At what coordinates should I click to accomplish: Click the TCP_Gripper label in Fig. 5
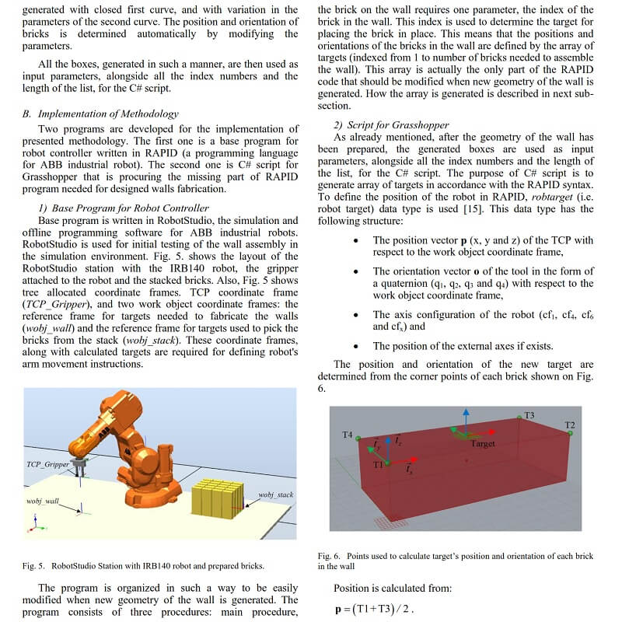point(47,464)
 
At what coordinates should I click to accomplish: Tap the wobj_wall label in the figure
point(43,501)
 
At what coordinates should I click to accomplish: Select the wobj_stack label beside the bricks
point(275,494)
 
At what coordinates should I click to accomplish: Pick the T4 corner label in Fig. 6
point(348,434)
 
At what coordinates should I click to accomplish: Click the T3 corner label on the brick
point(529,415)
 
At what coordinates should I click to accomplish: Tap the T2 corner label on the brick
point(570,425)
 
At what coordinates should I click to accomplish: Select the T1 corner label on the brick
point(377,464)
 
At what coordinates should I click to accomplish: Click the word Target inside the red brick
point(483,443)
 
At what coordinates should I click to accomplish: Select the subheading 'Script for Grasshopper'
point(383,125)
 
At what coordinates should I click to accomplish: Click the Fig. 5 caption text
point(143,565)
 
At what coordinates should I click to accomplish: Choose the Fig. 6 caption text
point(456,561)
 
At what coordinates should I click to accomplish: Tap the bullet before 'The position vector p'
point(355,241)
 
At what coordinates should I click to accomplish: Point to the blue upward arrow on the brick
point(464,417)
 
